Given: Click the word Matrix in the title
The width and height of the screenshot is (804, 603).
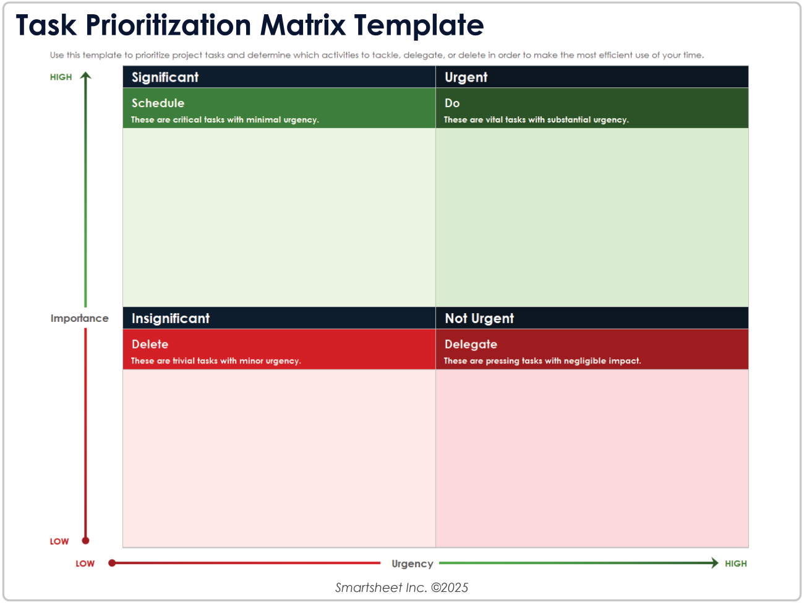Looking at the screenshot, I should click(x=302, y=25).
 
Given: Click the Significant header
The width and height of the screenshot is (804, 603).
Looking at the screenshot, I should click(x=165, y=77).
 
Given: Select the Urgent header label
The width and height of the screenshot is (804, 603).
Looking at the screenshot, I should click(x=466, y=77).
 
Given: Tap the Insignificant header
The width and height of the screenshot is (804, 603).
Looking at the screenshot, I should click(x=171, y=318).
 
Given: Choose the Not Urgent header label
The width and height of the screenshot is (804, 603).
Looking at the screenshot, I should click(x=479, y=318).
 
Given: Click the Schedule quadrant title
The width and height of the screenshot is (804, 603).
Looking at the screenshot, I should click(x=158, y=103).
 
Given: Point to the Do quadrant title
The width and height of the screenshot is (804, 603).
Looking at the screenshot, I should click(x=452, y=103).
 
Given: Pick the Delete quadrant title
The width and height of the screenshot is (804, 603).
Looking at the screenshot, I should click(x=150, y=344).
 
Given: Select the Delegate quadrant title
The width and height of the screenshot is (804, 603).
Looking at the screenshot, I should click(x=471, y=344).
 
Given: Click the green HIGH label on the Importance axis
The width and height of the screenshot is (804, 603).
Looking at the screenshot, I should click(x=61, y=77).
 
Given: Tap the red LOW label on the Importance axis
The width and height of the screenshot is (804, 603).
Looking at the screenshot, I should click(x=59, y=541).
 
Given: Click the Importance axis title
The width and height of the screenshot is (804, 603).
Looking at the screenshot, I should click(x=79, y=318).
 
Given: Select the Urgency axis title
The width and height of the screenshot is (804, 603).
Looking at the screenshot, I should click(x=413, y=563).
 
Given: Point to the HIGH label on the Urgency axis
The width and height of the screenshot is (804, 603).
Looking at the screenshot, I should click(x=736, y=563).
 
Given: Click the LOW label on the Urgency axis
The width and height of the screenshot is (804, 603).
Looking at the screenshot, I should click(x=85, y=563).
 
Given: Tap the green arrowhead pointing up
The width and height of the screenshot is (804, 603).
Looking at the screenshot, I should click(x=86, y=76).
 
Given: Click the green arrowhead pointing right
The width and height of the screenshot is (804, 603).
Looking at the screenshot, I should click(x=714, y=563).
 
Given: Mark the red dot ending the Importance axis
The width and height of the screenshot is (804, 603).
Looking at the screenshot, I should click(x=86, y=540).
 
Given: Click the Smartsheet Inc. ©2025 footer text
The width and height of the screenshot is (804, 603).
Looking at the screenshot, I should click(x=402, y=588).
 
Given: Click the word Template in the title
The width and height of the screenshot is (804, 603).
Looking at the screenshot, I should click(x=419, y=25).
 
